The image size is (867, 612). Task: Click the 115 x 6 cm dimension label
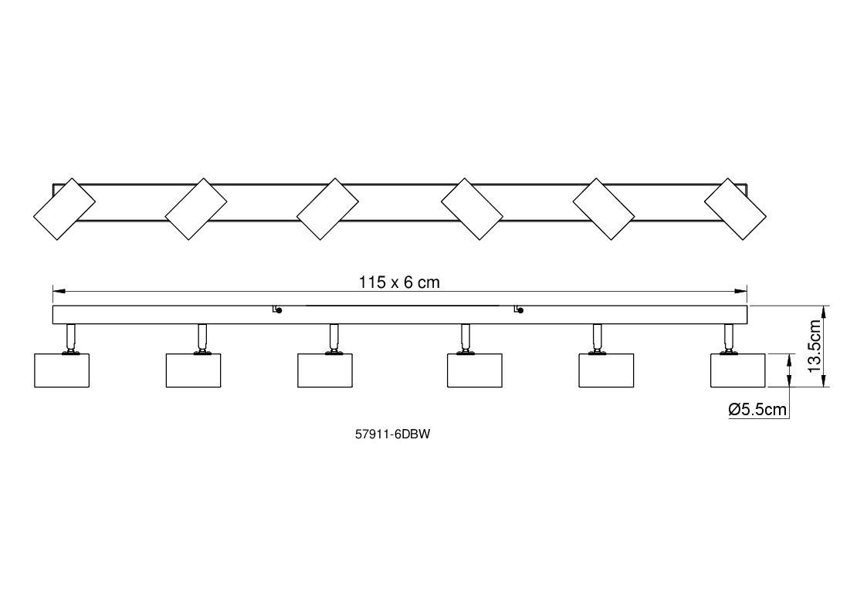399,282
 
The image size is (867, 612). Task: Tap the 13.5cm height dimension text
815,346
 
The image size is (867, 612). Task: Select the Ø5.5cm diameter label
757,410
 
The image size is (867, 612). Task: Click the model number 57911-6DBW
393,434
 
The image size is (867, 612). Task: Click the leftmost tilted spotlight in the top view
64,209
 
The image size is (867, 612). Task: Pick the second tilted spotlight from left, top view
196,209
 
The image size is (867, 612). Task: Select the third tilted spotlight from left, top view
328,209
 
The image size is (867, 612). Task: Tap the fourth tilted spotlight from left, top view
472,209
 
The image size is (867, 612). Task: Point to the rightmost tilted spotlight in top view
736,209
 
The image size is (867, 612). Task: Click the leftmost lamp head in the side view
62,370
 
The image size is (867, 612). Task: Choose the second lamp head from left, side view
194,370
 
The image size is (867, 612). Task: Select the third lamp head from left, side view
325,370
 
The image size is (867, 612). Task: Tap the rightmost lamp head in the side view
738,370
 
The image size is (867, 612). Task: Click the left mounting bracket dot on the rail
279,311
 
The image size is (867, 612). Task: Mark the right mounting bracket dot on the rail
521,311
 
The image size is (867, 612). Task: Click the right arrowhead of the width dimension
741,291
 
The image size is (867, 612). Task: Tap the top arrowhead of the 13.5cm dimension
824,311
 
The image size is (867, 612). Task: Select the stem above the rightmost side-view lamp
730,338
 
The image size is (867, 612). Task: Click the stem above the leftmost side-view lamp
71,338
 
